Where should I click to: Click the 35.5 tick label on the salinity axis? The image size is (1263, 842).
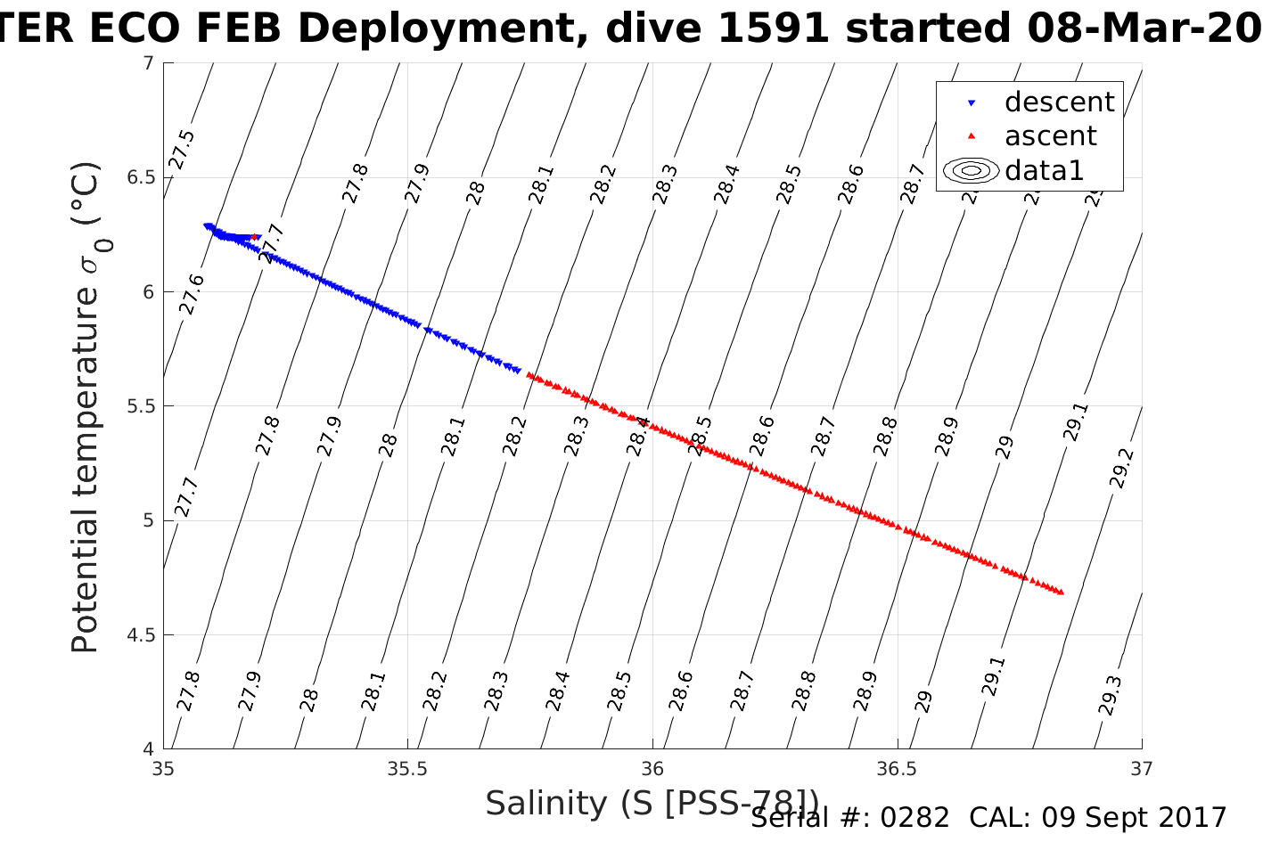tap(407, 768)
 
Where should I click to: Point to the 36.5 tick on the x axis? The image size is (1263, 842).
tap(898, 768)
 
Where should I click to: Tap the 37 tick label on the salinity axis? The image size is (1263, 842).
tap(1142, 768)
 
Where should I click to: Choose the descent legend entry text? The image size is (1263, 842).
tap(1059, 102)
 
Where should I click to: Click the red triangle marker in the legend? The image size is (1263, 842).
tap(972, 136)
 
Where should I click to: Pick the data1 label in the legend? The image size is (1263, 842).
tap(1044, 170)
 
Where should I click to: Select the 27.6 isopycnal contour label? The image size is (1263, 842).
tap(192, 294)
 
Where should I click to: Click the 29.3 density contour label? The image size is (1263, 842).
tap(1110, 696)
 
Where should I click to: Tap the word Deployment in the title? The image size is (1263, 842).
tap(450, 29)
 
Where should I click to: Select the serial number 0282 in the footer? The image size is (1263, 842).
tap(914, 817)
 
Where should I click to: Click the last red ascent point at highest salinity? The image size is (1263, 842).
tap(1060, 592)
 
